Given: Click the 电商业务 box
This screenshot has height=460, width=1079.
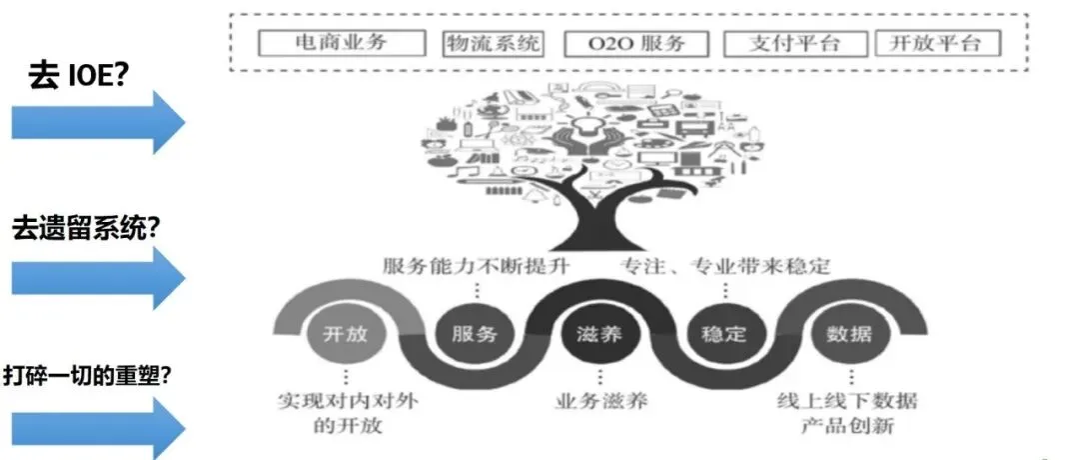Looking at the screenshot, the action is (340, 44).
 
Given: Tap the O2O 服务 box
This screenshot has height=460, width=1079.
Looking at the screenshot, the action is (636, 44).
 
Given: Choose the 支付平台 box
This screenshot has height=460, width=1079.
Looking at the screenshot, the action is (793, 44).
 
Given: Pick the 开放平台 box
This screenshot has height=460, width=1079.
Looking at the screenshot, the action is (936, 44).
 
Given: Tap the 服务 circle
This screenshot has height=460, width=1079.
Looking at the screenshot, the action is (468, 333).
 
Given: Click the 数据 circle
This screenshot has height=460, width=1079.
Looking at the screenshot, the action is (849, 333).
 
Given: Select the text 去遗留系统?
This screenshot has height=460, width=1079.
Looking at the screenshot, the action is (87, 227).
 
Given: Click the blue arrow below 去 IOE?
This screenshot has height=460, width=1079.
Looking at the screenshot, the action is (97, 122).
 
